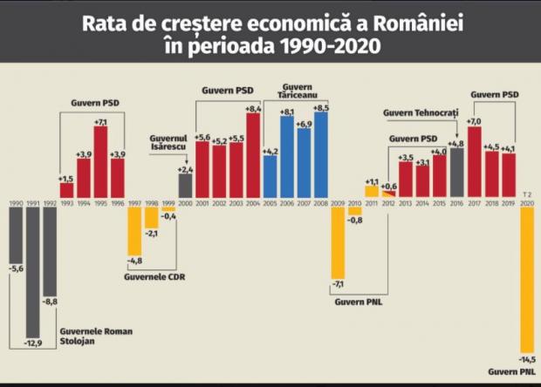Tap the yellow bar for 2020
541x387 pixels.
coord(526,279)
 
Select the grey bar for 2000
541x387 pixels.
coord(185,186)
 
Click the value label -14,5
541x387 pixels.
coord(526,359)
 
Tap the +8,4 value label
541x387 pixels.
coord(253,109)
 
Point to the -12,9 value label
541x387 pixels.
coord(33,345)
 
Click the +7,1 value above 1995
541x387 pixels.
coord(100,122)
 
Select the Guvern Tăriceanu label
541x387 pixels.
coord(298,90)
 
